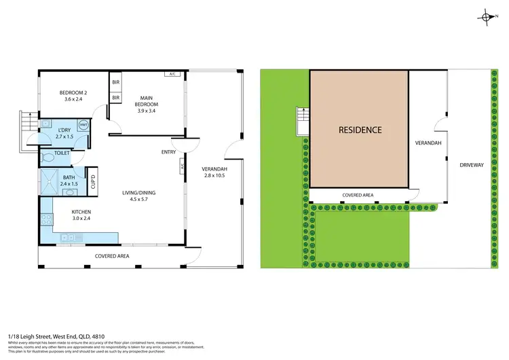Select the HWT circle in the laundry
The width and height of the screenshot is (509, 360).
click(83, 125)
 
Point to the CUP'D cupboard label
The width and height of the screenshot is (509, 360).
click(93, 182)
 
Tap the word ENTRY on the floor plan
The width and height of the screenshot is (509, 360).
click(168, 152)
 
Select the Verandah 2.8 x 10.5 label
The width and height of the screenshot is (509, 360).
click(214, 173)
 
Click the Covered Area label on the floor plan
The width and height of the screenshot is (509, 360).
click(111, 256)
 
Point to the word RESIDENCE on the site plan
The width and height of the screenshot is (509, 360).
click(360, 130)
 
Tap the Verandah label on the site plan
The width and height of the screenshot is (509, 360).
click(428, 143)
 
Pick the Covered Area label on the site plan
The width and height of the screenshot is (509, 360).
click(358, 195)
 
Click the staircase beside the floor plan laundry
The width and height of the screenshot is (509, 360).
click(27, 125)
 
